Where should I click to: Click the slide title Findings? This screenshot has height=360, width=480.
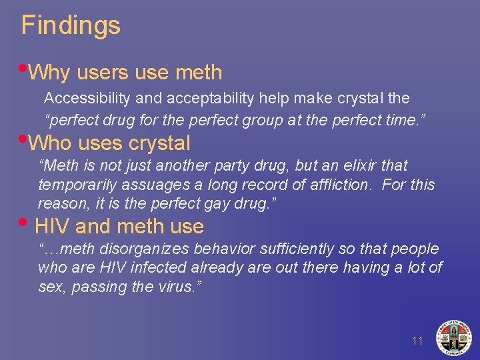point(71,25)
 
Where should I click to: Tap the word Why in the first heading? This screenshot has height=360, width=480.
point(54,72)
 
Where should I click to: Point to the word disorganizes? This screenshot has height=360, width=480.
point(137,249)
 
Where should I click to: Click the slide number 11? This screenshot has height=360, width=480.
point(417,341)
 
